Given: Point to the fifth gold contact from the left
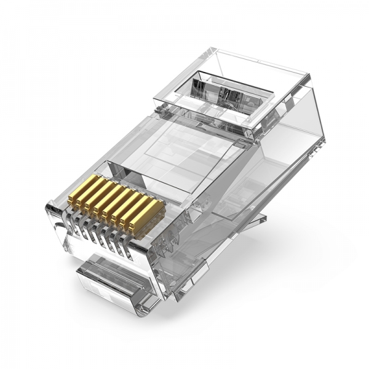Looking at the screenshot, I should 119,207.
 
